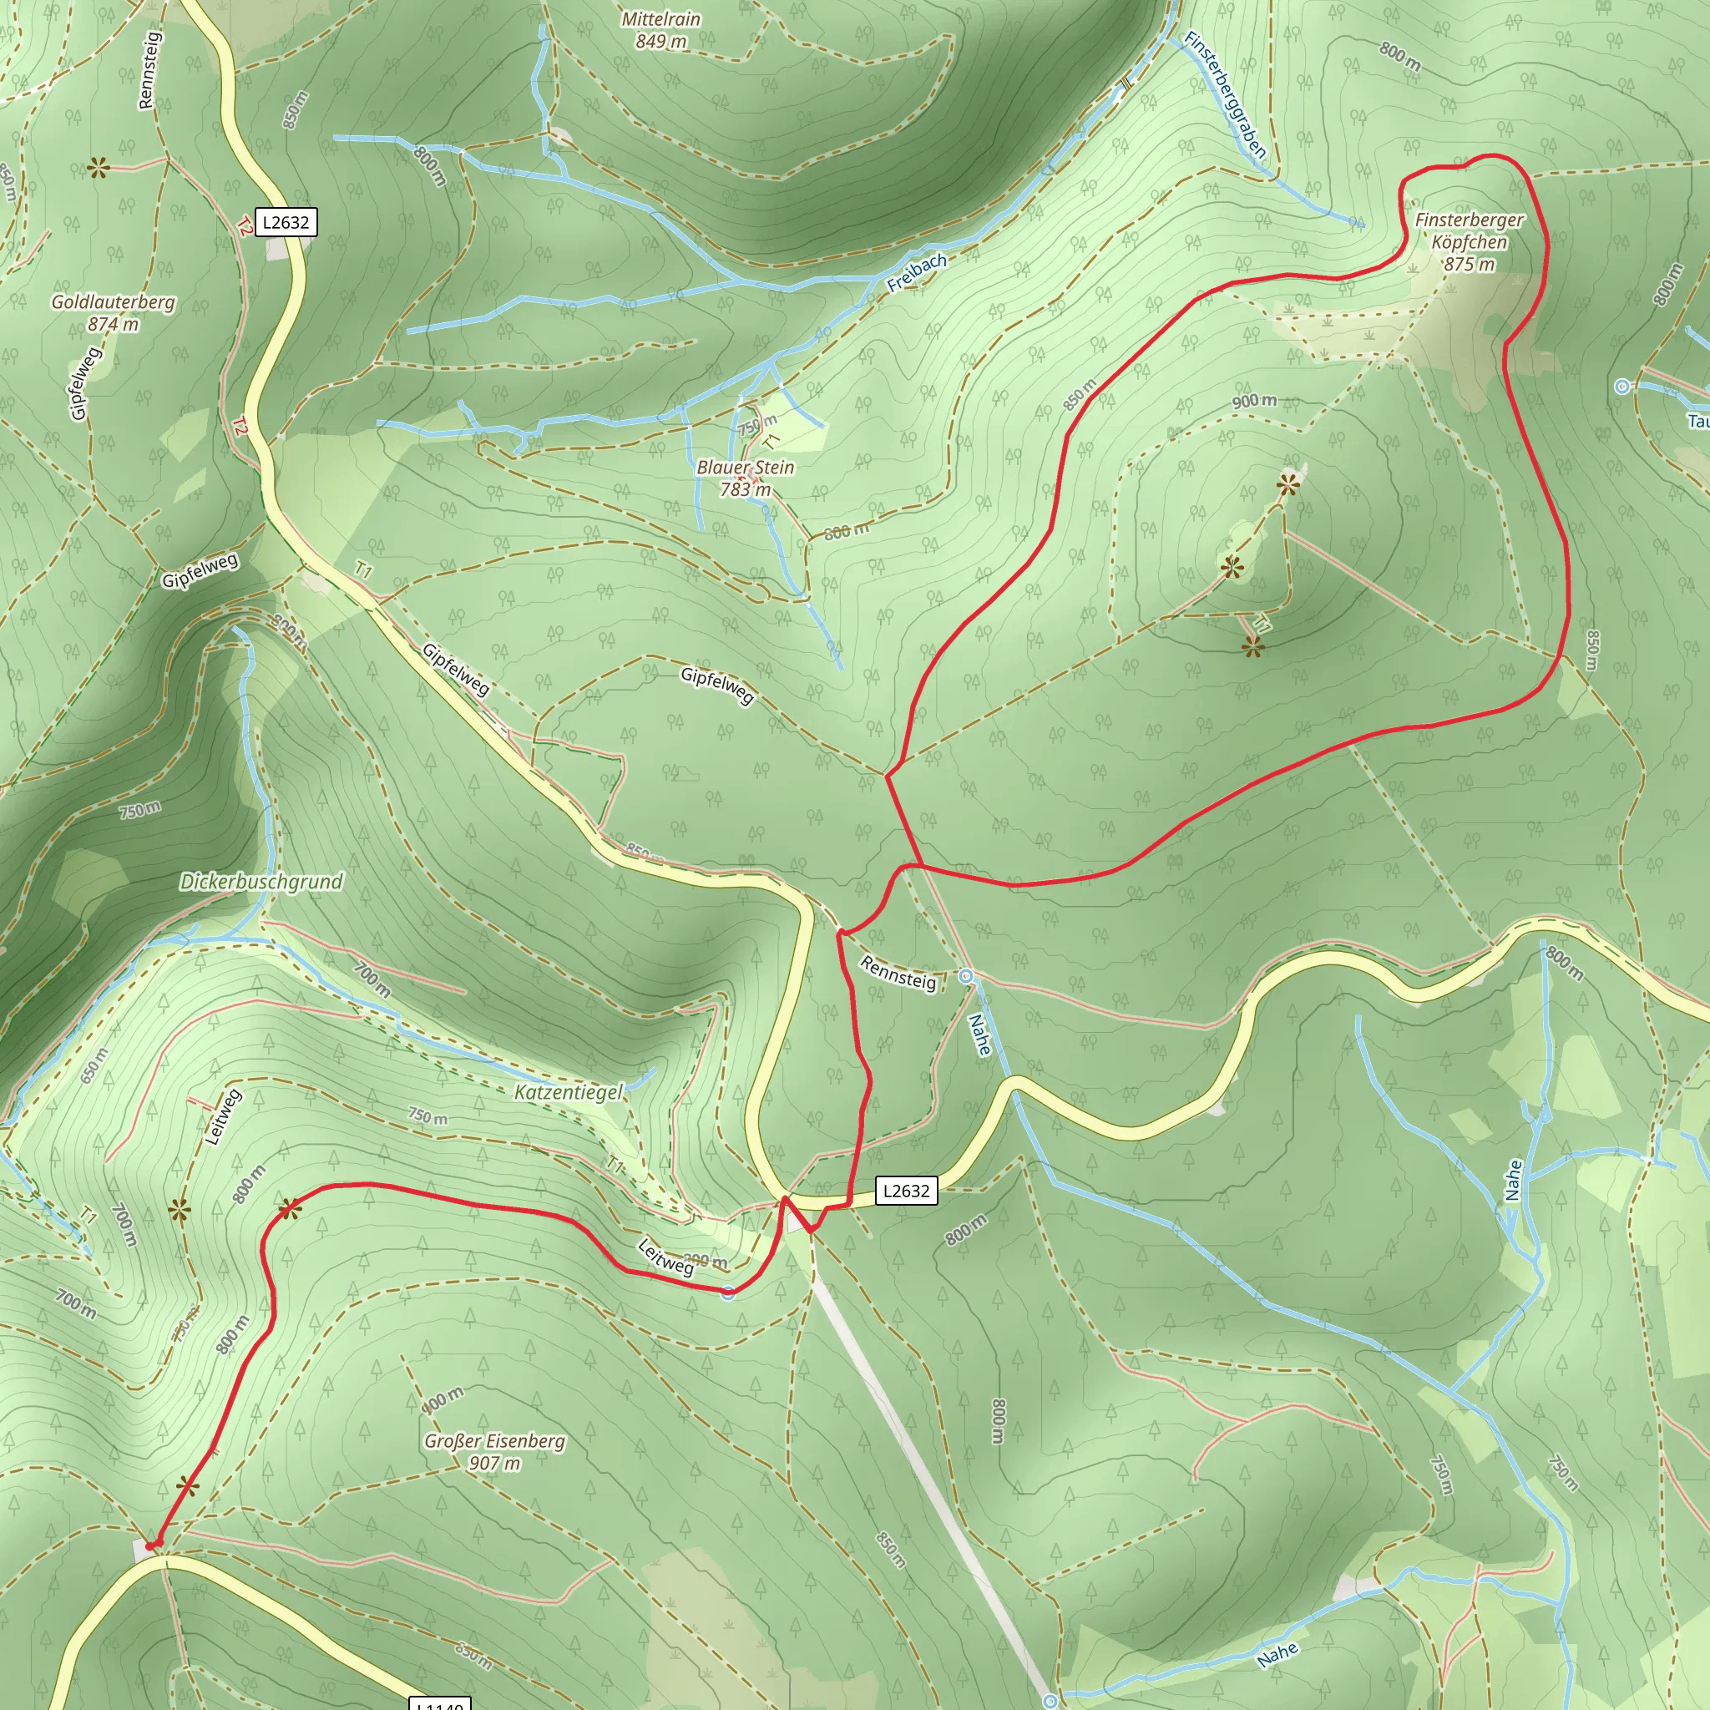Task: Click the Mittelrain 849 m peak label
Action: (660, 30)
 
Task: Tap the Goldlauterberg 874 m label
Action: (114, 312)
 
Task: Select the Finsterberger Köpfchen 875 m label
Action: (1470, 241)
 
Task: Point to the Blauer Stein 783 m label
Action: (746, 478)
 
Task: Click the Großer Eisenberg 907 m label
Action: (494, 1451)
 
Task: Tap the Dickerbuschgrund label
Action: (261, 882)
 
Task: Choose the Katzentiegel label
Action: (569, 1092)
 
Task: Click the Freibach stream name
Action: (917, 272)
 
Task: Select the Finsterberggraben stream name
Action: (1225, 94)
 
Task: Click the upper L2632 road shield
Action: (286, 222)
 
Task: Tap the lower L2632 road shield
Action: (906, 1191)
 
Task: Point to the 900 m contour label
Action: (1254, 401)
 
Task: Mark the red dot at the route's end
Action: (153, 1546)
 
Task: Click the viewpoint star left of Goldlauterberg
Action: (98, 167)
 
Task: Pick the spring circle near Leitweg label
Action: (727, 1293)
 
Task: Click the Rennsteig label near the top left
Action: (149, 71)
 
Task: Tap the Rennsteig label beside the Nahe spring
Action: (898, 974)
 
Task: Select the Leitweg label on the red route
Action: (665, 1257)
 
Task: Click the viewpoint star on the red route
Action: (291, 1209)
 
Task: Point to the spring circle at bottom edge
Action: (1050, 1701)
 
